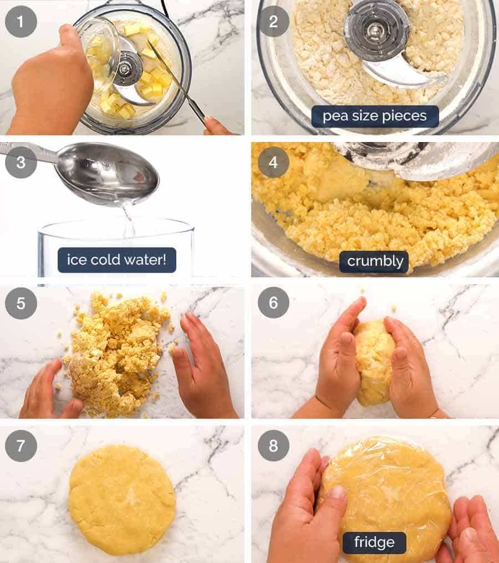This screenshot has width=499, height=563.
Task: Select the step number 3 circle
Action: click(x=21, y=163)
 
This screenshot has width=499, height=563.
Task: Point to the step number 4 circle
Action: click(x=273, y=163)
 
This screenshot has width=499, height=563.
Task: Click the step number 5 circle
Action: click(x=21, y=303)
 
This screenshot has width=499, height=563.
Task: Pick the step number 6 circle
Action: click(x=273, y=303)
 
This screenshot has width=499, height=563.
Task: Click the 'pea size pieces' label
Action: click(x=375, y=116)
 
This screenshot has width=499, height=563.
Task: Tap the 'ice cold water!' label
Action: click(x=116, y=260)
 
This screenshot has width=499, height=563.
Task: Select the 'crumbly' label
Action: click(x=375, y=261)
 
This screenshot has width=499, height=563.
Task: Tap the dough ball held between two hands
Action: click(x=374, y=361)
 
